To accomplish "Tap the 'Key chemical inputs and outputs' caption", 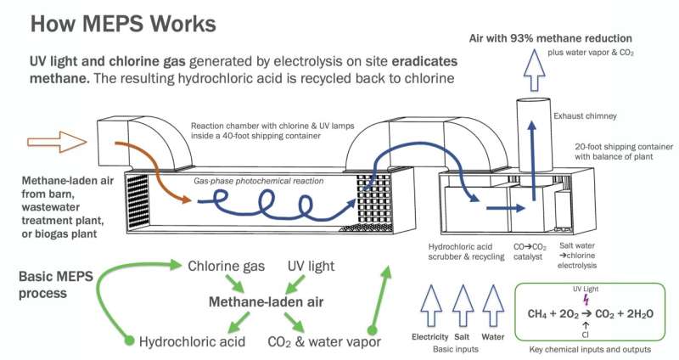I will [586, 349].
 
